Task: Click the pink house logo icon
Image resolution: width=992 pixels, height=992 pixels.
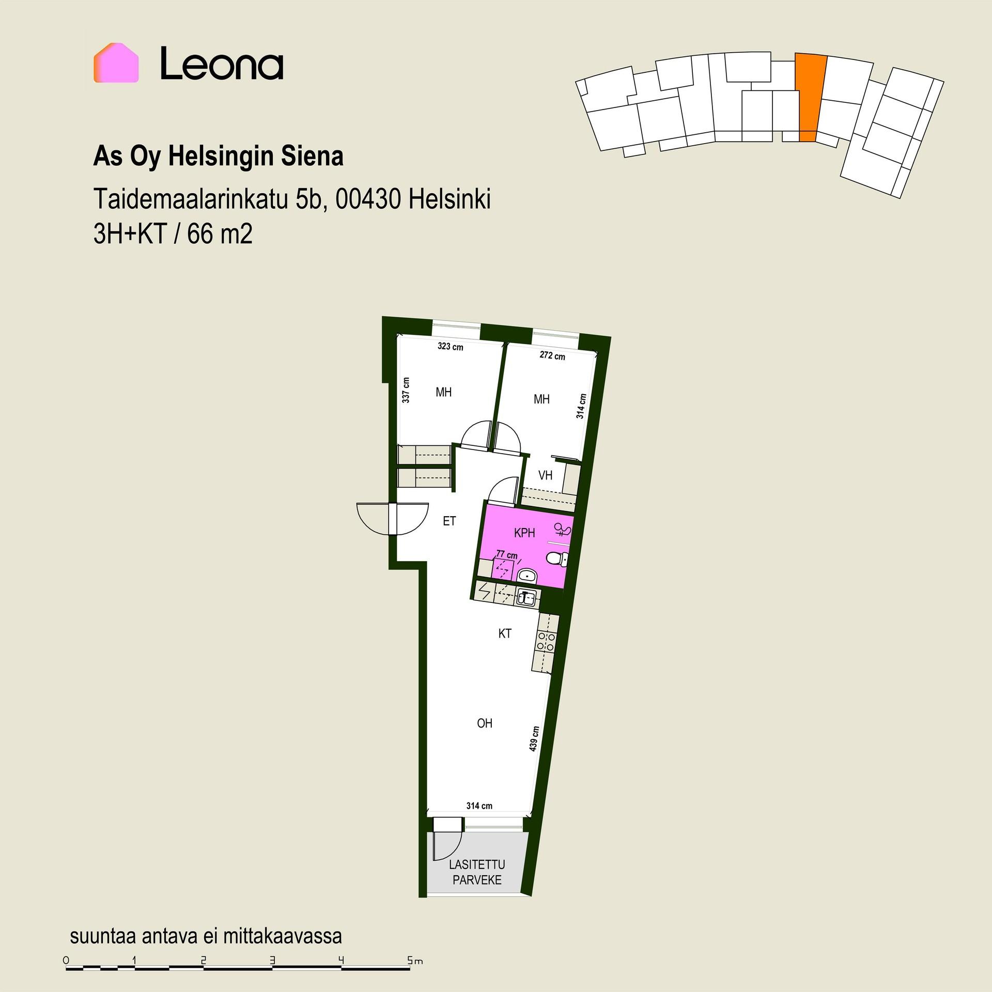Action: point(116,63)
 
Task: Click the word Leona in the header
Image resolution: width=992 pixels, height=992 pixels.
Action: point(222,64)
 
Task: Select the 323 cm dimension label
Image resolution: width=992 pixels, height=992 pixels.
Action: point(450,347)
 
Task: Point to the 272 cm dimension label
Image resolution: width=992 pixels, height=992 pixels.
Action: point(552,355)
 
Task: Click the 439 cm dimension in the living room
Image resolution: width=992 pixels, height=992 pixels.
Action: point(535,738)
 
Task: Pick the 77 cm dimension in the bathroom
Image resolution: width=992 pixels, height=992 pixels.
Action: point(506,555)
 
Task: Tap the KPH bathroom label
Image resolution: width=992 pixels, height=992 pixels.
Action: point(524,533)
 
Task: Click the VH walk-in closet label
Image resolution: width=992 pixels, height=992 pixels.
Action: point(546,475)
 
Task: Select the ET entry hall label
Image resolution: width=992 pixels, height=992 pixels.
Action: point(450,521)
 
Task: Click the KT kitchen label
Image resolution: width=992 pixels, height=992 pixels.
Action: point(505,633)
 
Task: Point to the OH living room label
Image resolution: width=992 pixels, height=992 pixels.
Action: point(485,723)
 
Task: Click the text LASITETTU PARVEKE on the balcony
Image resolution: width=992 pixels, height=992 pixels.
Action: point(477,872)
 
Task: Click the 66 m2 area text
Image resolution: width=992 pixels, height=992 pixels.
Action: point(220,236)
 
